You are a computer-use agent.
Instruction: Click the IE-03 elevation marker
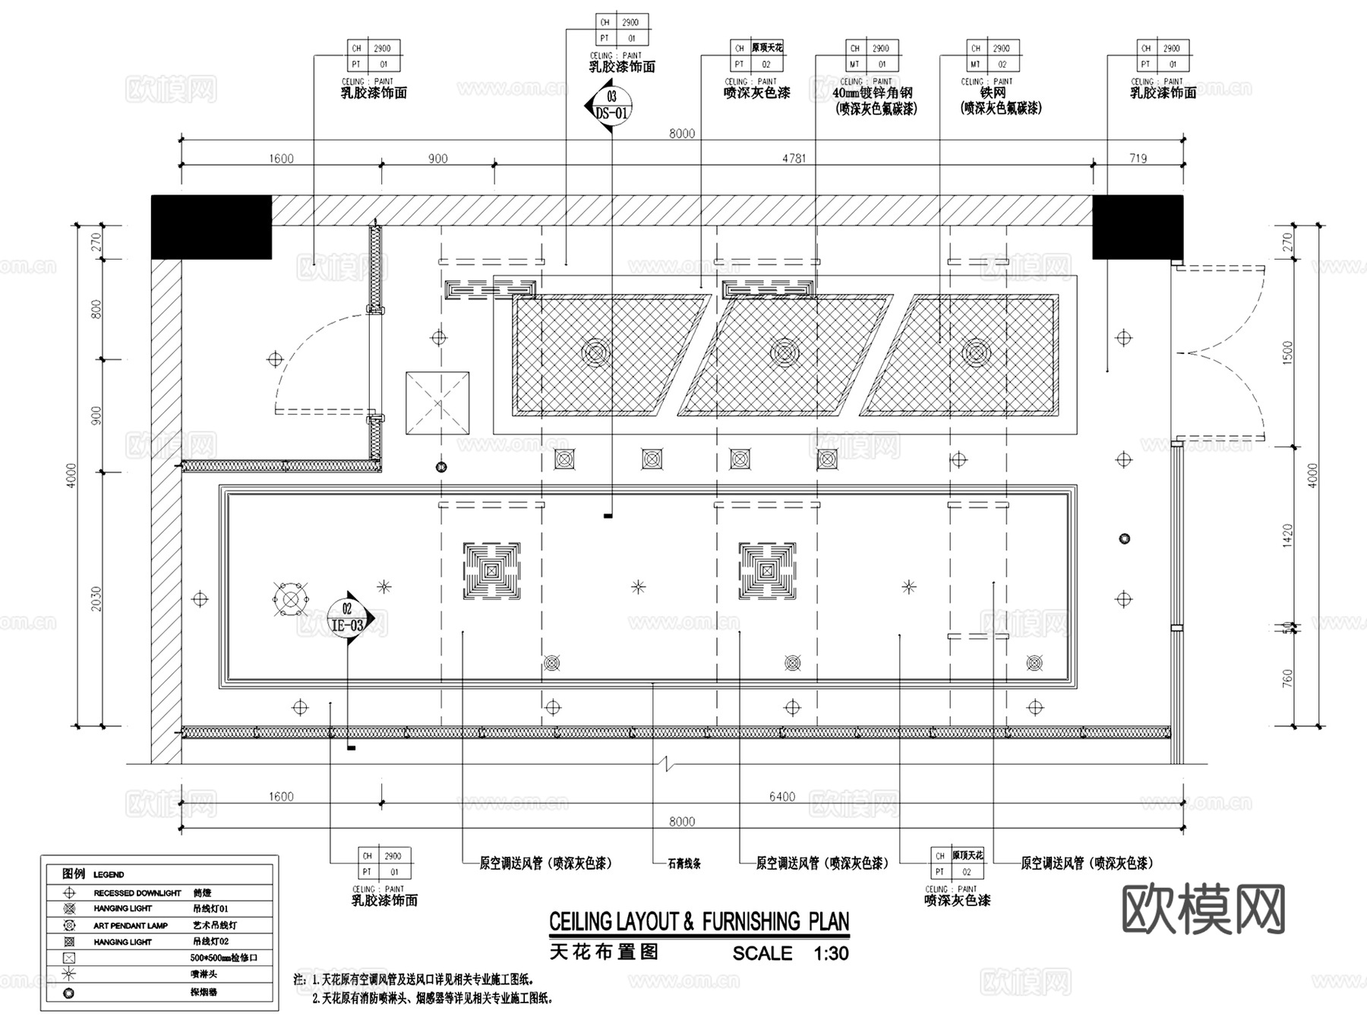point(348,617)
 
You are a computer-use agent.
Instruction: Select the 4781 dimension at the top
point(794,158)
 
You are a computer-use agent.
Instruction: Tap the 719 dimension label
point(1138,158)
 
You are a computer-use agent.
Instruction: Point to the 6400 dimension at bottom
point(781,796)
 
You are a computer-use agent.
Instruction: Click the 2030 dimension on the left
point(96,598)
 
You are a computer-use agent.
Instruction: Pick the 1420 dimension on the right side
point(1286,537)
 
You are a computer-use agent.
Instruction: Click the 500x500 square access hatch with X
point(437,403)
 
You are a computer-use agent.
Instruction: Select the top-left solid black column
point(211,227)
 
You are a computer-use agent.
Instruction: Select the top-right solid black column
point(1137,227)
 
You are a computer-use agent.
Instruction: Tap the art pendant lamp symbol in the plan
point(291,599)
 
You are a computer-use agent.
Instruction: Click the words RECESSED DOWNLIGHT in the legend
point(137,893)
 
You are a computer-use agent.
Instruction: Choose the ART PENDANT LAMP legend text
point(131,926)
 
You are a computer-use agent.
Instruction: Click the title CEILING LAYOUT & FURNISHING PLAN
point(699,922)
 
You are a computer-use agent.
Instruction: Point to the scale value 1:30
point(831,953)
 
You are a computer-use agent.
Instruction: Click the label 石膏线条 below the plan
point(684,864)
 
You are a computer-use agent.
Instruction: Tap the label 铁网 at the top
point(993,93)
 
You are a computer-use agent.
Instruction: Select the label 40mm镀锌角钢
point(873,93)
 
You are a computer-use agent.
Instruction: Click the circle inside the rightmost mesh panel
point(976,352)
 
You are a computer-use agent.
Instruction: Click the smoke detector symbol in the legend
point(69,993)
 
